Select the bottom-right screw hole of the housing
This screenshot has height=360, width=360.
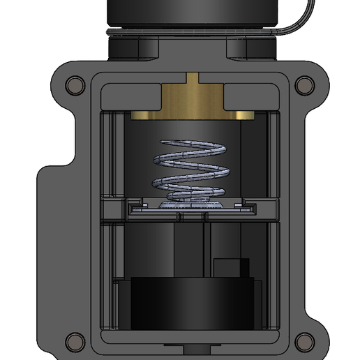click(x=303, y=342)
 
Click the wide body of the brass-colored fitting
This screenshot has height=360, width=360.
click(x=193, y=98)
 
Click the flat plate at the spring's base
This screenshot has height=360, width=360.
click(x=188, y=207)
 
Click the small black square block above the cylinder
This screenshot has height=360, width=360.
click(x=230, y=269)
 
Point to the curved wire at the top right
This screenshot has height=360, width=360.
click(x=297, y=21)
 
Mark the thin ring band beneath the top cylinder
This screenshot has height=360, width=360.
click(x=193, y=31)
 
